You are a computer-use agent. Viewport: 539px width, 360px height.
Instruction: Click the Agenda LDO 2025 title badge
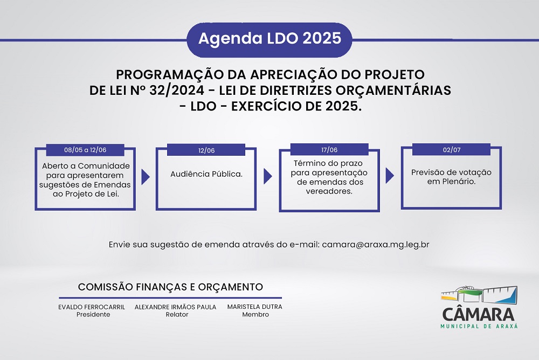click(x=269, y=40)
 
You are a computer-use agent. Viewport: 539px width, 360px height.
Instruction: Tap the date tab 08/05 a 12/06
click(x=85, y=150)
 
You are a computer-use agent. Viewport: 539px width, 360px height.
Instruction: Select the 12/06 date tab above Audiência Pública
click(x=206, y=150)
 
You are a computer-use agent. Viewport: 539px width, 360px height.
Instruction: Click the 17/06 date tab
click(x=329, y=150)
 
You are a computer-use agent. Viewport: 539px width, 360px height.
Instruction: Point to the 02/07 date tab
click(x=451, y=150)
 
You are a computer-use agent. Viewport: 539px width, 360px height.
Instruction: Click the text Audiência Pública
click(x=206, y=174)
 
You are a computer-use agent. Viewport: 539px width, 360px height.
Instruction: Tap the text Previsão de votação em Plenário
click(x=451, y=177)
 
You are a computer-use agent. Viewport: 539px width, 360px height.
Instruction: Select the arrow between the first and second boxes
click(x=146, y=177)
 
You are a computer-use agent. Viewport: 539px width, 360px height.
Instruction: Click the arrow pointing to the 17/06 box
click(x=268, y=176)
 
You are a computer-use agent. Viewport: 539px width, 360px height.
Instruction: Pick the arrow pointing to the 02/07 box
click(x=390, y=176)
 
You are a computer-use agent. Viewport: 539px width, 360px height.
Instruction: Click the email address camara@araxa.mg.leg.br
click(x=376, y=245)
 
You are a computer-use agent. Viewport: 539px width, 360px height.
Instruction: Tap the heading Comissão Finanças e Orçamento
click(x=170, y=287)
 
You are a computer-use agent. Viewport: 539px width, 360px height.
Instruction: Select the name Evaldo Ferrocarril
click(x=92, y=307)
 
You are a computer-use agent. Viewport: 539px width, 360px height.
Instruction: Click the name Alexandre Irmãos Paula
click(x=175, y=307)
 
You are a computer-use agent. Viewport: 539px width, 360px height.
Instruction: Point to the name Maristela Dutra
click(x=255, y=306)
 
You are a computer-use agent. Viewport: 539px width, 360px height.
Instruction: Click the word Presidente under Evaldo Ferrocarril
click(x=93, y=314)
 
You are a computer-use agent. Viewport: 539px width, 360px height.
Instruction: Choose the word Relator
click(x=177, y=314)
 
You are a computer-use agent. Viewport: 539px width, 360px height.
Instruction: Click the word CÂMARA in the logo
click(x=478, y=314)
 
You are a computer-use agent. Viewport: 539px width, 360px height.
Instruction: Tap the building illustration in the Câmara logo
click(x=479, y=295)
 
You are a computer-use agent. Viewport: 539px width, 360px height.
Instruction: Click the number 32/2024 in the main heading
click(x=177, y=90)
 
